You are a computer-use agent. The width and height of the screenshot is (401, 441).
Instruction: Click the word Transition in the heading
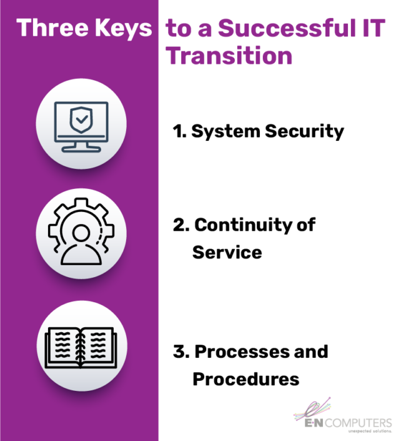(229, 56)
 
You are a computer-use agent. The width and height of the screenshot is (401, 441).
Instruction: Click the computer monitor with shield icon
(81, 126)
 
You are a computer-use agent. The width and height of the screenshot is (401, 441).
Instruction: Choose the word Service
(227, 252)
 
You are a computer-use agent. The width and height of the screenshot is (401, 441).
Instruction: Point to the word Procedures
(245, 378)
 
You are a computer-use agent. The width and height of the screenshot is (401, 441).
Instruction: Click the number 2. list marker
(181, 225)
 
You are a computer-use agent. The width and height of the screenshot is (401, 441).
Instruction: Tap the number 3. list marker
(181, 351)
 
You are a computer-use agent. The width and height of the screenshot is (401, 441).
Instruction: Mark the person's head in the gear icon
(81, 231)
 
